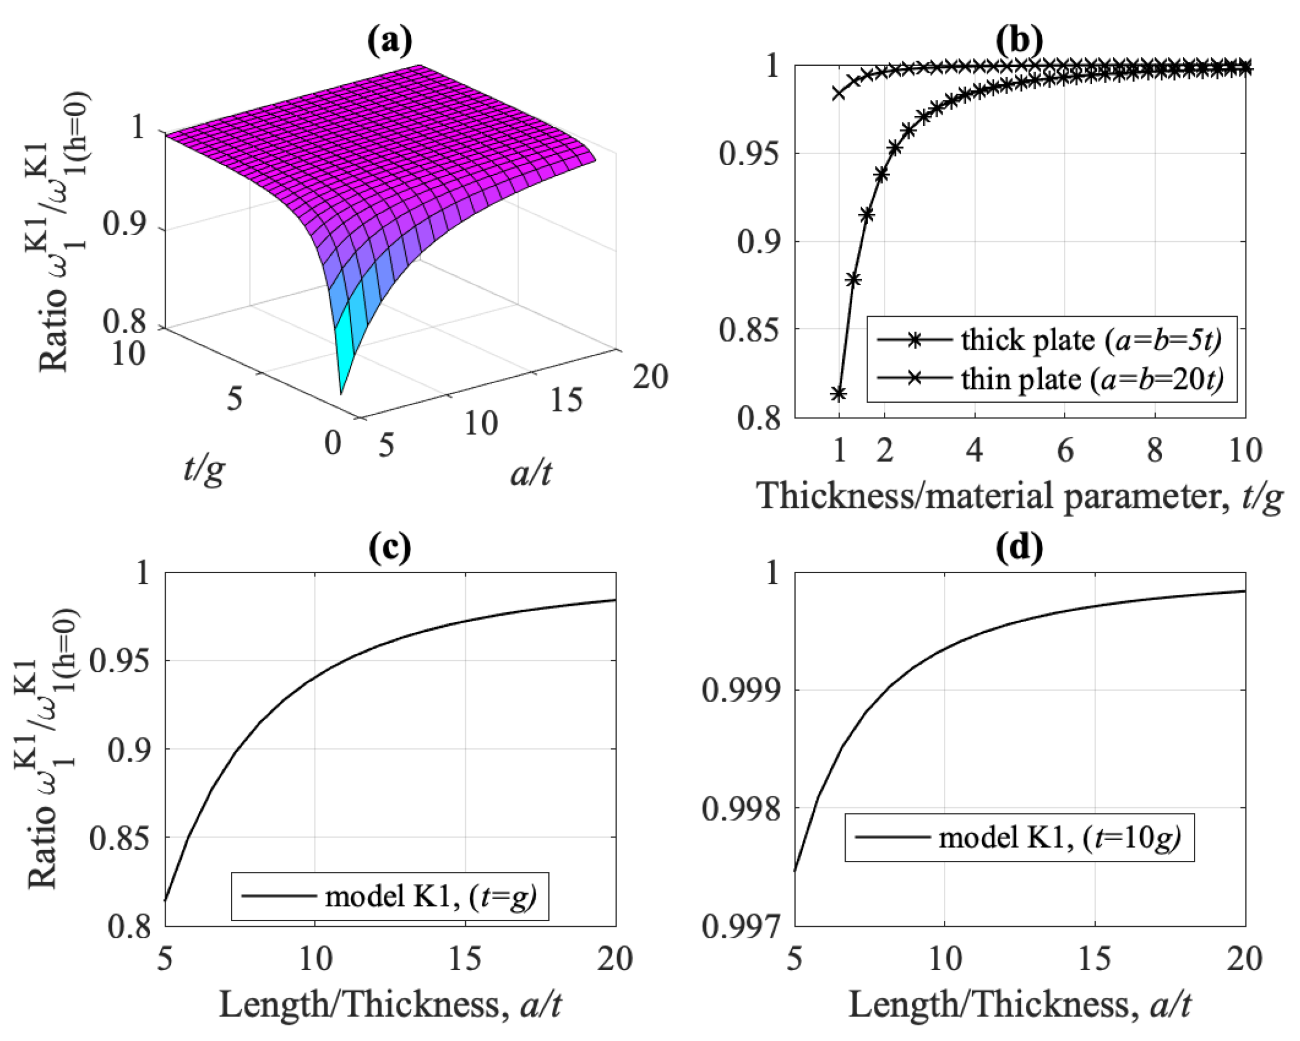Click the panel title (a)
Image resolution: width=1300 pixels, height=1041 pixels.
point(390,42)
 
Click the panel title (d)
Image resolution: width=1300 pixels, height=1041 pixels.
point(1019,549)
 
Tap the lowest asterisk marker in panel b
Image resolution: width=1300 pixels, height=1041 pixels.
point(838,394)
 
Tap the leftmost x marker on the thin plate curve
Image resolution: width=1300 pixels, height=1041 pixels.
point(839,93)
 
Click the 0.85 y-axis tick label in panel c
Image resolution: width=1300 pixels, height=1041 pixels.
point(119,838)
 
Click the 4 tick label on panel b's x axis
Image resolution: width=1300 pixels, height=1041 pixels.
point(974,450)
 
